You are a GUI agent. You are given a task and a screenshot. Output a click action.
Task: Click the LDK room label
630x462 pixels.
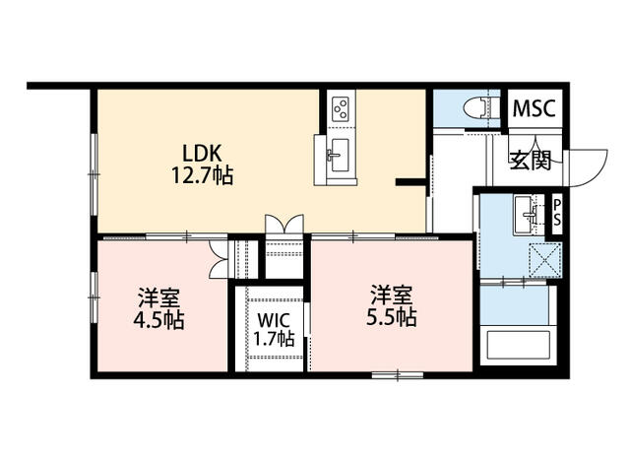tap(202, 153)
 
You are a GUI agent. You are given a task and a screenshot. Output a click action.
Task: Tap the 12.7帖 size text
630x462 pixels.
tap(202, 175)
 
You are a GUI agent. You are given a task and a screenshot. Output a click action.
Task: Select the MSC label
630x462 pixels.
tap(534, 107)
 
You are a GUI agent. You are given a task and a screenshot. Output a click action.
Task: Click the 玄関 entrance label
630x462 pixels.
tap(530, 161)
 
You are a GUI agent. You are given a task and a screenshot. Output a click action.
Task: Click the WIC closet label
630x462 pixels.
tap(274, 320)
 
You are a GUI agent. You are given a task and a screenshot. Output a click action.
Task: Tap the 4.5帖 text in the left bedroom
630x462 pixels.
tap(158, 320)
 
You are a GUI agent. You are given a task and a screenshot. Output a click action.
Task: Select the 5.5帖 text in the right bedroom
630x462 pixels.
tap(391, 317)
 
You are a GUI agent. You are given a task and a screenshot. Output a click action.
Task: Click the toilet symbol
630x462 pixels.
tap(481, 108)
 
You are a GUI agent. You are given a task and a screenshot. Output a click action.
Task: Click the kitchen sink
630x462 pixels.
tap(337, 156)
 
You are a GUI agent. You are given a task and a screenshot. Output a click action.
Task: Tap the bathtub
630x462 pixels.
tap(518, 346)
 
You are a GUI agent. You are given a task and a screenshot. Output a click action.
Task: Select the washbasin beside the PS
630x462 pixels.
tap(526, 214)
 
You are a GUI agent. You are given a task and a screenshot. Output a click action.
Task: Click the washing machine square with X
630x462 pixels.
tap(545, 260)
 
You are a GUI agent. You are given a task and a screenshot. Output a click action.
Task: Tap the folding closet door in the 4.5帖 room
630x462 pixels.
tap(219, 259)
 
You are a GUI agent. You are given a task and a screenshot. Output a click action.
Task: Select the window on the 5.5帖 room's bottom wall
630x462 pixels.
tap(398, 375)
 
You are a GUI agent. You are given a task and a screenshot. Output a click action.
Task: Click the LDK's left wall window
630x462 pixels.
tap(94, 174)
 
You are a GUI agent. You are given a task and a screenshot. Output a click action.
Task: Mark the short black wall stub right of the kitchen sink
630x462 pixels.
tap(410, 182)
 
